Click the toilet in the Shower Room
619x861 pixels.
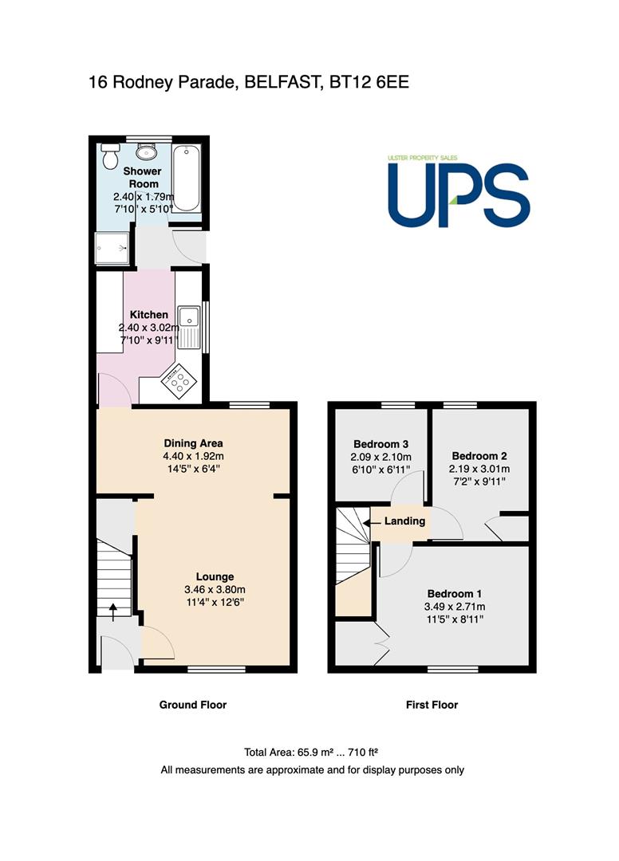point(110,156)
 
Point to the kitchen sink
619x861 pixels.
point(190,328)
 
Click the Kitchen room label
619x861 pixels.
point(149,315)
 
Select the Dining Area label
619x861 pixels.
point(193,443)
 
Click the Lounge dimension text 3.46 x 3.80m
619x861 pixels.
point(215,590)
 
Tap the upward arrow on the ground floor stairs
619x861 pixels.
point(113,612)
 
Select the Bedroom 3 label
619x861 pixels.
point(380,444)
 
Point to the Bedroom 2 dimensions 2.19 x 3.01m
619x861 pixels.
point(479,469)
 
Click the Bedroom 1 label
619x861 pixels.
point(454,594)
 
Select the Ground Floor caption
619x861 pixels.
point(193,705)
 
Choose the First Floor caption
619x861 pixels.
point(432,705)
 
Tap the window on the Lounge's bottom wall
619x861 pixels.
point(216,669)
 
